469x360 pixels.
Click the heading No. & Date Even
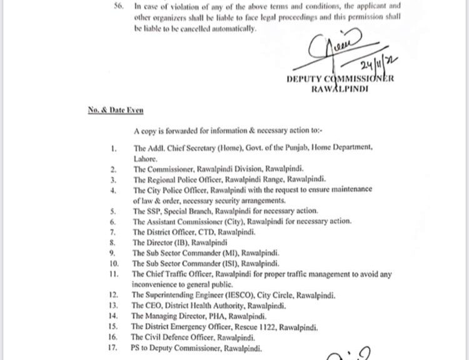click(x=115, y=110)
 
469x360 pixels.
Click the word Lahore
click(x=145, y=159)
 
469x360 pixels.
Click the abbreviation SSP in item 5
click(x=154, y=211)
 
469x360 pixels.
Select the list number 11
click(x=113, y=274)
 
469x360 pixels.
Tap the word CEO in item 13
click(x=154, y=305)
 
